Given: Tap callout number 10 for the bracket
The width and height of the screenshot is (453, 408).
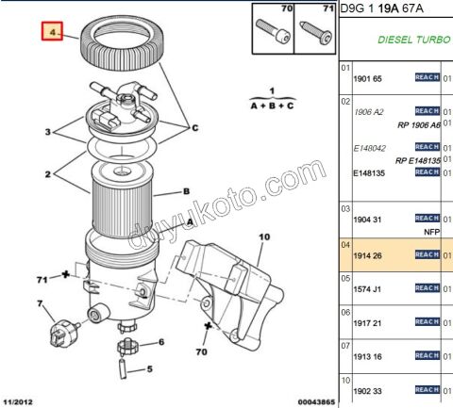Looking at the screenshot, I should click(263, 237).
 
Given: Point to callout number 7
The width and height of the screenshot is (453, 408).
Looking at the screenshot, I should click(40, 303).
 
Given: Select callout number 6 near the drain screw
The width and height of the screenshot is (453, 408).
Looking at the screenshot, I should click(161, 342).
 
